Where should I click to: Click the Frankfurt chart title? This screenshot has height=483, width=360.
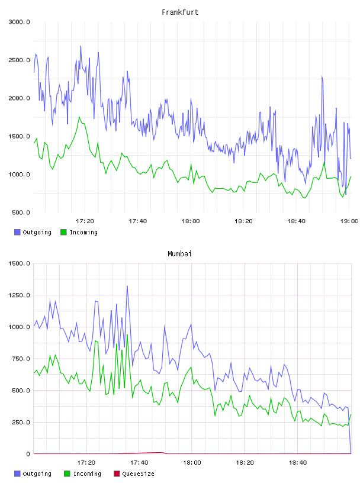[x=180, y=12]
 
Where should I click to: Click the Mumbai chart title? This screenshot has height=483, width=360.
[x=179, y=253]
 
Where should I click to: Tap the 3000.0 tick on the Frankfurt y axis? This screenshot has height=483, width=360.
[x=20, y=22]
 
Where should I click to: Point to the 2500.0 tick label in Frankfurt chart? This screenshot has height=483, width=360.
[x=20, y=60]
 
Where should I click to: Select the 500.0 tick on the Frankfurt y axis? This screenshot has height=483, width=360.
[x=21, y=212]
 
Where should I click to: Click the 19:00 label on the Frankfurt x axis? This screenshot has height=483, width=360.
[x=349, y=221]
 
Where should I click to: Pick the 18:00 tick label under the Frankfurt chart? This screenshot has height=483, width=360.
[x=191, y=221]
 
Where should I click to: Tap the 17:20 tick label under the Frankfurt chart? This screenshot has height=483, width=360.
[x=85, y=221]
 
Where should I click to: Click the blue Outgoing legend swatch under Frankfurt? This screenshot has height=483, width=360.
[x=17, y=232]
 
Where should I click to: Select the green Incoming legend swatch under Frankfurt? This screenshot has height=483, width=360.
[x=63, y=232]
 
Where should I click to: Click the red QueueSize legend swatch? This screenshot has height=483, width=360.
[x=117, y=474]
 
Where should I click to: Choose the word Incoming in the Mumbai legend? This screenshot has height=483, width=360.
[x=87, y=474]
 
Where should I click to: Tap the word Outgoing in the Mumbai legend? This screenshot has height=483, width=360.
[x=37, y=474]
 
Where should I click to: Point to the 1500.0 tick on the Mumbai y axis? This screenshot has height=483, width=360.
[x=20, y=263]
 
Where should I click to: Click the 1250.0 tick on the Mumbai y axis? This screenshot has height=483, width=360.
[x=20, y=295]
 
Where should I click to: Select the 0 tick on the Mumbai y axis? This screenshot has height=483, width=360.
[x=28, y=454]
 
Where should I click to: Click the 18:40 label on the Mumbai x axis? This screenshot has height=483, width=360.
[x=298, y=462]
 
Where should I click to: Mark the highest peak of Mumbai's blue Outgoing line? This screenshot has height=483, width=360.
[x=127, y=286]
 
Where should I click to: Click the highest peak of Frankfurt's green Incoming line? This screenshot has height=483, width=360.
[x=79, y=117]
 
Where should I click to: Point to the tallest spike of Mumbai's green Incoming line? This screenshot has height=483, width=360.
[x=127, y=335]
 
